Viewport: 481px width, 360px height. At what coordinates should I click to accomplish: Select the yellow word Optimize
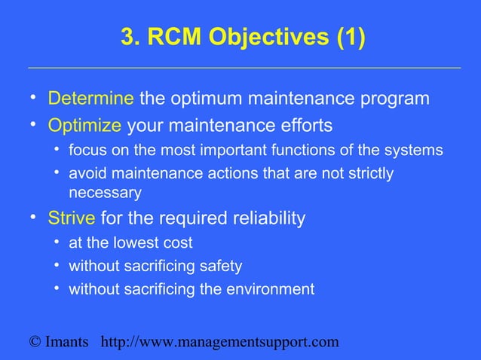tap(84, 124)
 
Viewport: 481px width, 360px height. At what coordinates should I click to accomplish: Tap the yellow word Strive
tap(72, 218)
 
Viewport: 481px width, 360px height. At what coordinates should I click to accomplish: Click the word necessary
tap(105, 193)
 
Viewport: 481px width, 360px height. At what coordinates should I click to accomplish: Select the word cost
tap(178, 243)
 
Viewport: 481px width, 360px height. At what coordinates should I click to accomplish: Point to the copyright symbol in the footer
tap(35, 343)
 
